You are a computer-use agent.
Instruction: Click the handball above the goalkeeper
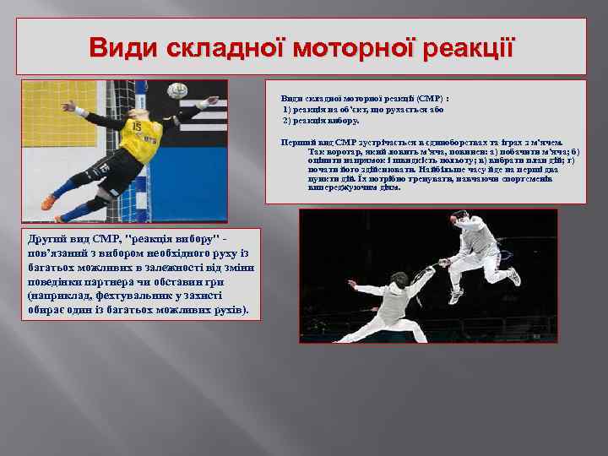pyautogui.click(x=177, y=90)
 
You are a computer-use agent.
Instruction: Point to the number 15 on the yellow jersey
pyautogui.click(x=135, y=127)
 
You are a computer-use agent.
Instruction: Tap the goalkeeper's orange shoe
pyautogui.click(x=49, y=203)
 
